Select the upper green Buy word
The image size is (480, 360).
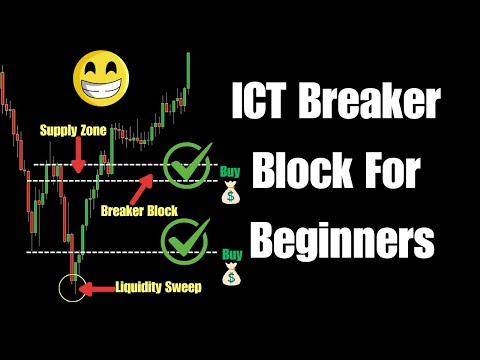tap(230, 170)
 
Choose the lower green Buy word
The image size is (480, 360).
tap(230, 254)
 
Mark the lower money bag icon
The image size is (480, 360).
tap(231, 274)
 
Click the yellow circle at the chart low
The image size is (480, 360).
tap(71, 289)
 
